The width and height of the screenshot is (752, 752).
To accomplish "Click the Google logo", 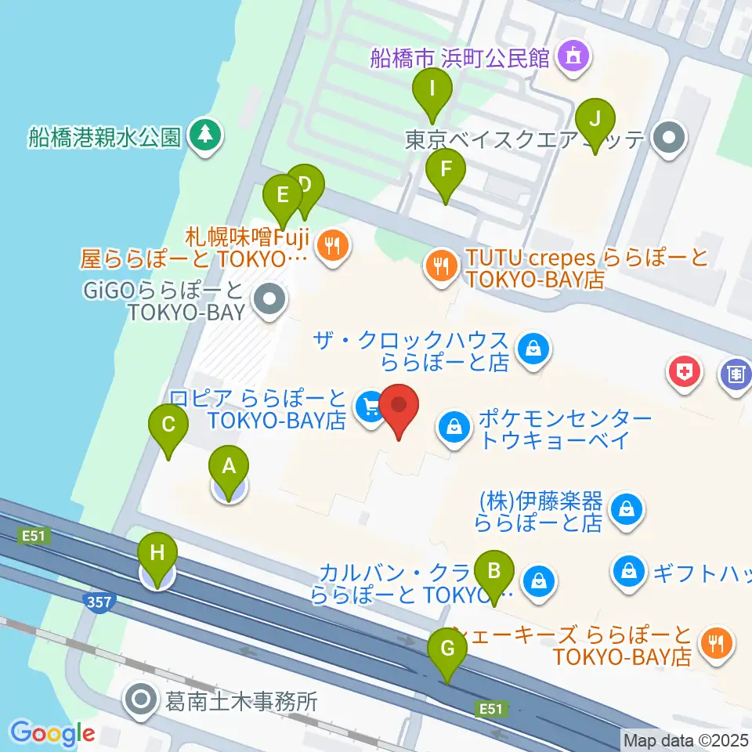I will point(52,733).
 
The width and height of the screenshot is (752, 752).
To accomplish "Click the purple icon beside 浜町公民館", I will point(573,57).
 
